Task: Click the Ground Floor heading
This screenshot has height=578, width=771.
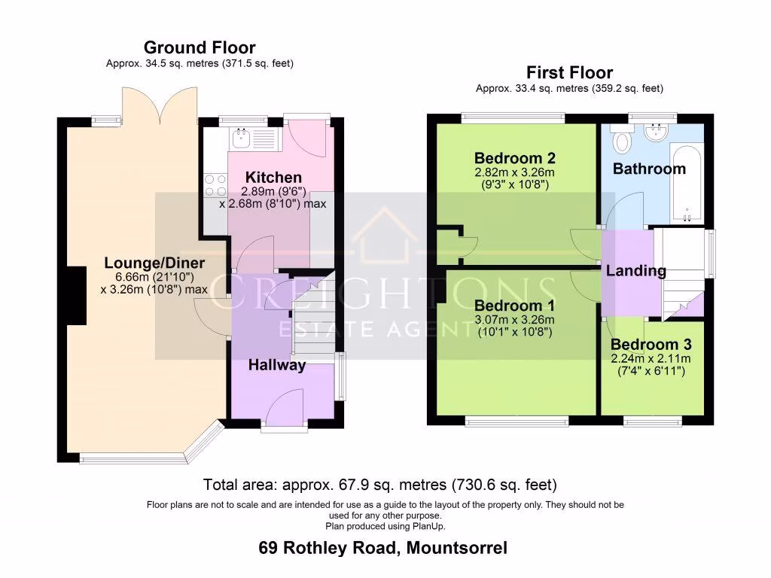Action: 200,48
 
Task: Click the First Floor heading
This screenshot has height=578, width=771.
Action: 569,72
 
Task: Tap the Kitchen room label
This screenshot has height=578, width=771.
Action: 273,178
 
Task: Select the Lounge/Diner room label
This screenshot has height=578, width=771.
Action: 154,263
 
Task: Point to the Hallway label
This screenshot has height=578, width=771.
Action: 278,365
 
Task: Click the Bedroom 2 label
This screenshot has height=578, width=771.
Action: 515,158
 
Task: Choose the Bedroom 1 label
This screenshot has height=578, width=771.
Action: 514,306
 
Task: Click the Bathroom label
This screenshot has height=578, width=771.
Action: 649,169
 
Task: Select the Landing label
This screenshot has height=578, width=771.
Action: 636,271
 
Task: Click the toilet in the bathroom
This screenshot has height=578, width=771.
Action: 622,142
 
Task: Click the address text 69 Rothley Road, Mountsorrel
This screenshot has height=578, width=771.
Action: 382,548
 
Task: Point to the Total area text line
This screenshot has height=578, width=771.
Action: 380,484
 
